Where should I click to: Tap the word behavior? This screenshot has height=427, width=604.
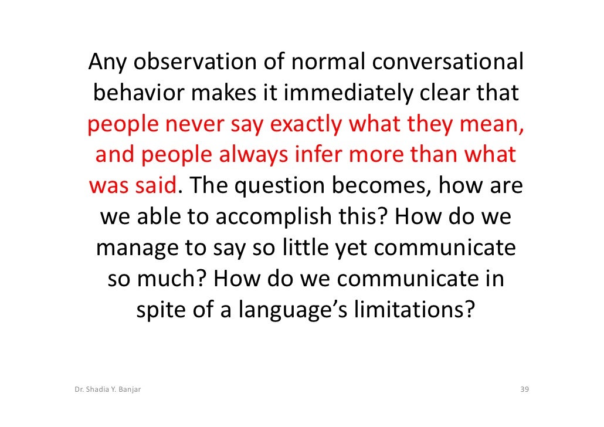[137, 93]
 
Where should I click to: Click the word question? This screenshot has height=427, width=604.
[285, 187]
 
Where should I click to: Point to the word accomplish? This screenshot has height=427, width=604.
[274, 218]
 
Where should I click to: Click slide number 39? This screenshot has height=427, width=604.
[525, 389]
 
